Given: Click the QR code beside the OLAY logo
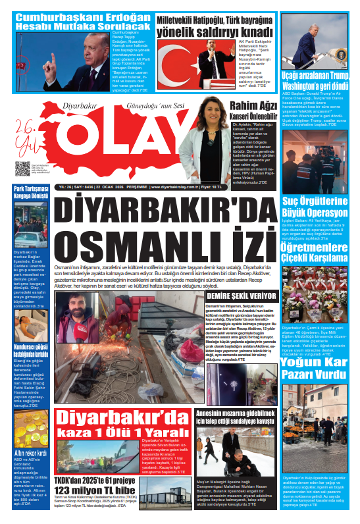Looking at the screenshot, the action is [22, 169].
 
